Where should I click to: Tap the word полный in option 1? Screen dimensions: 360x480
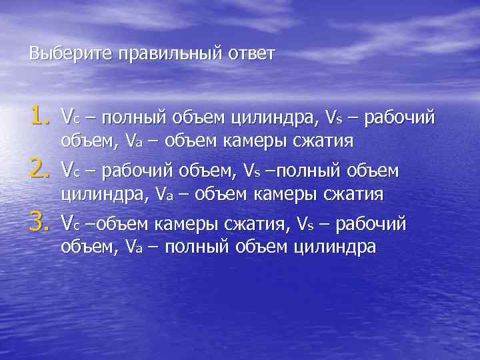[x=125, y=119]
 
